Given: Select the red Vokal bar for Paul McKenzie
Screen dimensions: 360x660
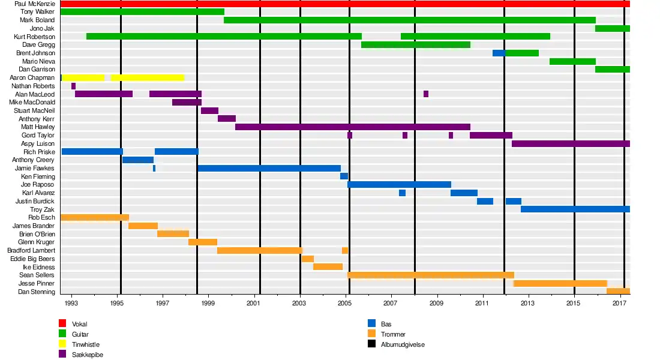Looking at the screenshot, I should pyautogui.click(x=345, y=4).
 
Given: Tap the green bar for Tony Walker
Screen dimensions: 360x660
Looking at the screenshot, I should pyautogui.click(x=142, y=11).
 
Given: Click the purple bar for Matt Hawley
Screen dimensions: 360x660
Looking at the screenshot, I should pyautogui.click(x=353, y=127).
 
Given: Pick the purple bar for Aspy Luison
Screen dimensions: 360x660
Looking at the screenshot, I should pyautogui.click(x=571, y=143).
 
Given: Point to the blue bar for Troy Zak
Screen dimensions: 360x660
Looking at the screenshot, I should pyautogui.click(x=575, y=209).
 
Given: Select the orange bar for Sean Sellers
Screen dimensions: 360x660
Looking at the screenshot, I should pyautogui.click(x=431, y=275).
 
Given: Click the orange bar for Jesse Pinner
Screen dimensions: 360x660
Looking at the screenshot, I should pyautogui.click(x=560, y=283).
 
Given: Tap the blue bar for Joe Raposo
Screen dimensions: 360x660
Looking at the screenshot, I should pyautogui.click(x=399, y=184).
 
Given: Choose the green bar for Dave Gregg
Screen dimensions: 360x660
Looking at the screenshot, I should pyautogui.click(x=416, y=44).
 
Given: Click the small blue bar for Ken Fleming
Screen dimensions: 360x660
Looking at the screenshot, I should pyautogui.click(x=344, y=176).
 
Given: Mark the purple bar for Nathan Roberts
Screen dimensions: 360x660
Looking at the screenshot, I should pyautogui.click(x=73, y=86).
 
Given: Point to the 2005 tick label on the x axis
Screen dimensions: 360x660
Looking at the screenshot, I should pyautogui.click(x=345, y=305).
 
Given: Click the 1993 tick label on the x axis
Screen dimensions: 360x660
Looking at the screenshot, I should pyautogui.click(x=71, y=305).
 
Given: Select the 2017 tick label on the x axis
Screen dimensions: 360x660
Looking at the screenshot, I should pyautogui.click(x=619, y=305).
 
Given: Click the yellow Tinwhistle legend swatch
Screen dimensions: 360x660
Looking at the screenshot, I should pyautogui.click(x=62, y=344).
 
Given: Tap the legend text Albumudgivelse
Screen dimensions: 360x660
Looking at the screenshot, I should pyautogui.click(x=403, y=344).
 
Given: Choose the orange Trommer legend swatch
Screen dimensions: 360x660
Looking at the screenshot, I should pyautogui.click(x=372, y=334).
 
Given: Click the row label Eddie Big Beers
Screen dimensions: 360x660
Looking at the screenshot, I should pyautogui.click(x=32, y=259).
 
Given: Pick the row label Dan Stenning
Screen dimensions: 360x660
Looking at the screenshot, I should pyautogui.click(x=36, y=292).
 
